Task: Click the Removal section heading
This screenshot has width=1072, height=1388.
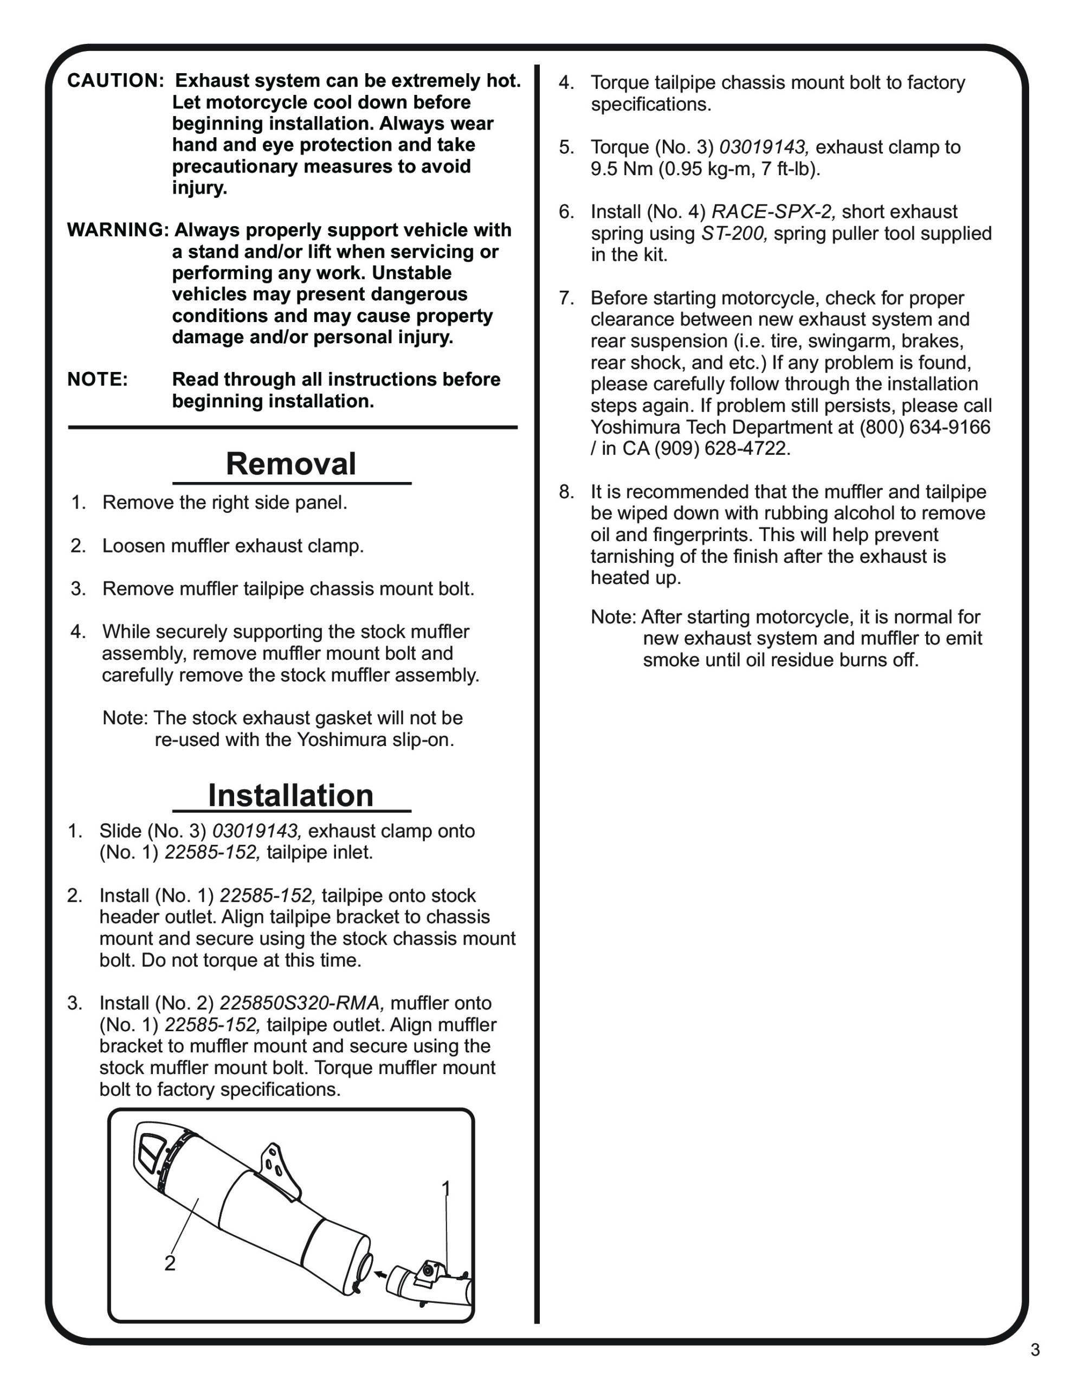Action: (290, 464)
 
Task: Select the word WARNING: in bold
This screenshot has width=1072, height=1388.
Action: (118, 229)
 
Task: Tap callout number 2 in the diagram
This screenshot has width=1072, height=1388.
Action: (170, 1263)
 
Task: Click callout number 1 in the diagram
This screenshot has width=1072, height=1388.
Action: (446, 1188)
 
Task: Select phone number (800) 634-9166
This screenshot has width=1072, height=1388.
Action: (925, 427)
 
